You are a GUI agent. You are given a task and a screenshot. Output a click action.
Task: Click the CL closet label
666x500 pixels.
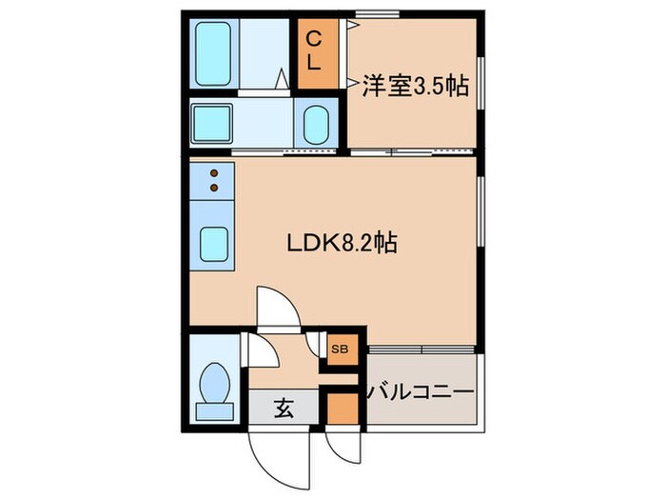pyautogui.click(x=313, y=52)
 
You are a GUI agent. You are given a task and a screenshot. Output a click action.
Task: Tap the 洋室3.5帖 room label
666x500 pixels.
pyautogui.click(x=415, y=87)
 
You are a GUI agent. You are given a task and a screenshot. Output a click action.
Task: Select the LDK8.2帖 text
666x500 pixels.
pyautogui.click(x=343, y=243)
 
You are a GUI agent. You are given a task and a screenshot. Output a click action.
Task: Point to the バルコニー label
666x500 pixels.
pyautogui.click(x=421, y=391)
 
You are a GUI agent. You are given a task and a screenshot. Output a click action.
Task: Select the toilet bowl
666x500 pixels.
pyautogui.click(x=215, y=381)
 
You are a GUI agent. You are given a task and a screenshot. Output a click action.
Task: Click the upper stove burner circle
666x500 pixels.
pyautogui.click(x=215, y=173)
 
